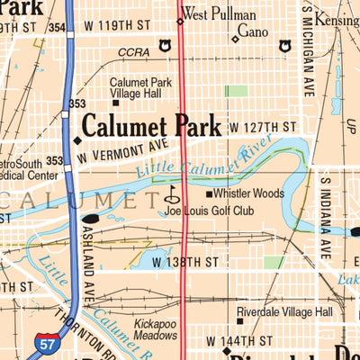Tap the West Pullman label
point(219,15)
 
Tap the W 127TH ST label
point(262,127)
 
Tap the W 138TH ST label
point(184,261)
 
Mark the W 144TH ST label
point(238,341)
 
